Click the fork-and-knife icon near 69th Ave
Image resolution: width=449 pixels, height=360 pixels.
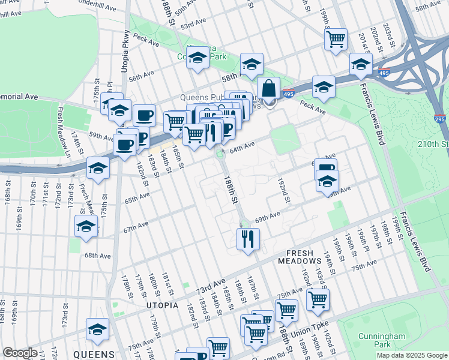tap(247, 238)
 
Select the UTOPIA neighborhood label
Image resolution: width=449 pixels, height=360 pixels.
tap(162, 305)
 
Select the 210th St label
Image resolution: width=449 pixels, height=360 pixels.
tap(436, 145)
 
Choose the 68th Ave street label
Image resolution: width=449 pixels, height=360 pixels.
tap(97, 256)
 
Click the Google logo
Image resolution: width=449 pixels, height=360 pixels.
tap(20, 353)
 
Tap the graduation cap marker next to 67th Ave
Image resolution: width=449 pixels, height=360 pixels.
tap(86, 227)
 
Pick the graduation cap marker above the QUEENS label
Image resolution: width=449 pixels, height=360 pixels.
tap(97, 329)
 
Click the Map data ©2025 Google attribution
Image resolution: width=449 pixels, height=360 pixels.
tap(411, 355)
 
